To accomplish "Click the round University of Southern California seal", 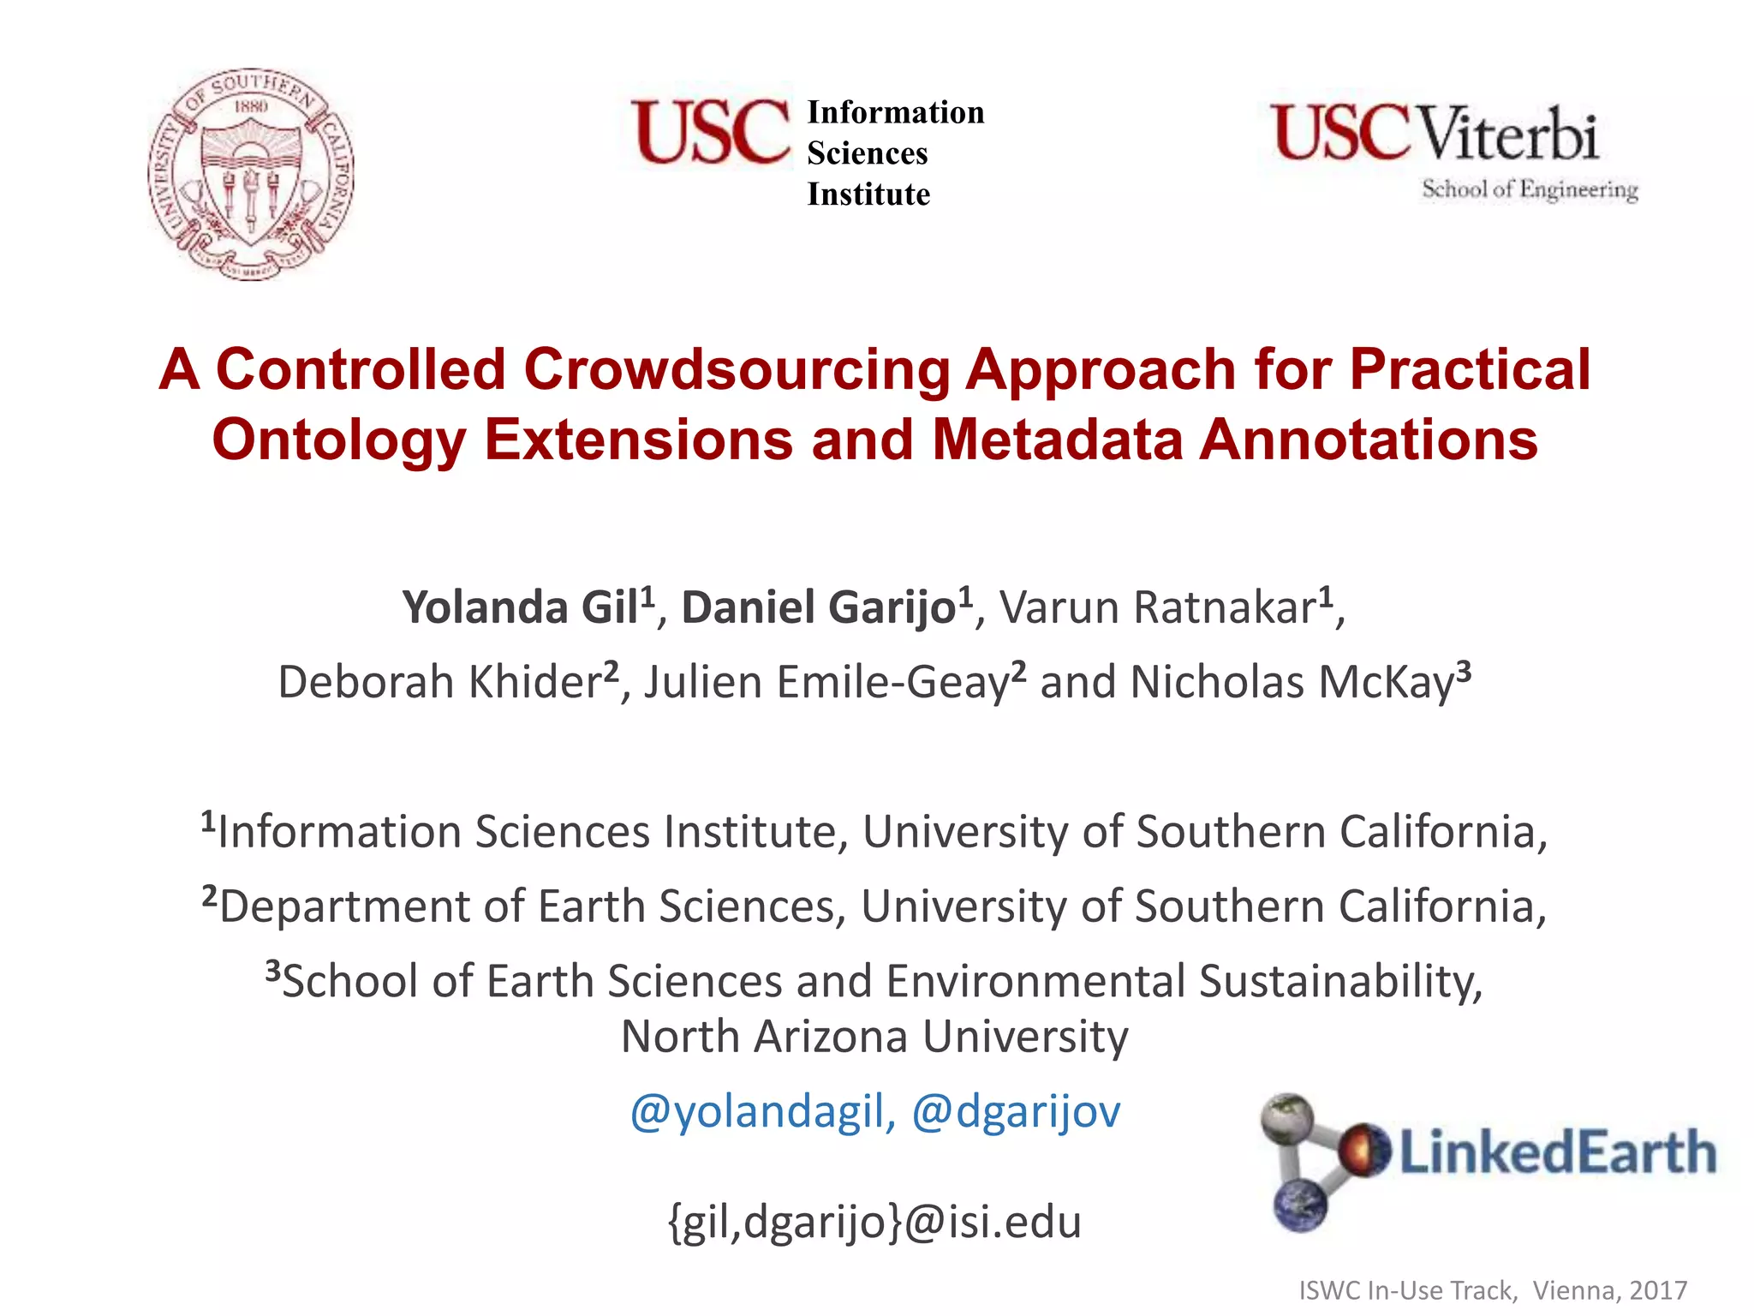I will tap(250, 174).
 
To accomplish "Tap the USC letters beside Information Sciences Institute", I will tap(710, 132).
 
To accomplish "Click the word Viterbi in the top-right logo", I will tap(1509, 135).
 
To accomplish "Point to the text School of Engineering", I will tap(1530, 189).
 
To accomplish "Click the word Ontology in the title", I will tap(338, 440).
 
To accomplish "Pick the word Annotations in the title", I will tap(1368, 440).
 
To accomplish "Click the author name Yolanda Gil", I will tap(521, 607).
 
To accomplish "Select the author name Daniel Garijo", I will tap(819, 607).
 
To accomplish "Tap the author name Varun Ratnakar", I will tap(1158, 607).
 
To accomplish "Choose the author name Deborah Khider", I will tap(439, 682).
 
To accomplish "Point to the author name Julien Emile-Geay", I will tap(826, 682).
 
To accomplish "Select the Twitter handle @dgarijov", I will tap(1016, 1111).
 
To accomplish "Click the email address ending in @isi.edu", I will tap(874, 1221).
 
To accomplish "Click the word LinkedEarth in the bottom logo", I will tap(1557, 1152).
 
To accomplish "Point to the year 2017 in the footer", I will tap(1658, 1289).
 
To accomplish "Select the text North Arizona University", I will tap(874, 1037).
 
